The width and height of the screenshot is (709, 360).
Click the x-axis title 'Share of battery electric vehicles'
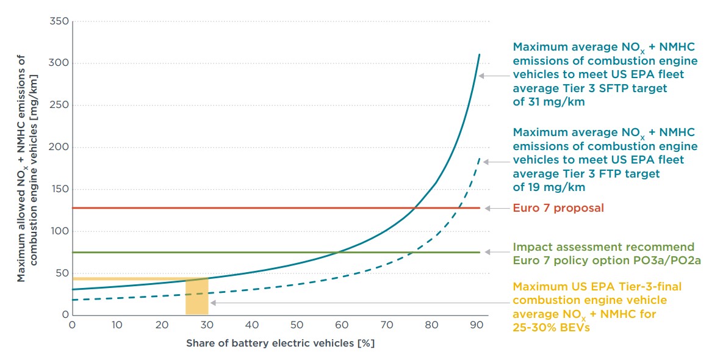pos(280,343)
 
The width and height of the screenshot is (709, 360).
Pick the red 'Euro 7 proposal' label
pos(558,208)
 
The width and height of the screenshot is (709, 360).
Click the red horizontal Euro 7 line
pos(244,208)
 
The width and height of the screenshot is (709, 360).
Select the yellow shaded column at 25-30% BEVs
pos(197,297)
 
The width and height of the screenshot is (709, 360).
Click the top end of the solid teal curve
pos(479,54)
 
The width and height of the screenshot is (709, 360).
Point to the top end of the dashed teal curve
pos(479,159)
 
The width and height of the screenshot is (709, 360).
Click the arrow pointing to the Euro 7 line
pos(495,208)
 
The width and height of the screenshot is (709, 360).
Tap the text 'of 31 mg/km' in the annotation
pos(549,102)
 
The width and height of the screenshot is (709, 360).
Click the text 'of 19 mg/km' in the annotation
pos(549,187)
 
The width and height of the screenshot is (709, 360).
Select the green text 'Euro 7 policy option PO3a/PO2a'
pos(598,261)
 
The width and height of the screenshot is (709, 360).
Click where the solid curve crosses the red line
pos(414,208)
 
